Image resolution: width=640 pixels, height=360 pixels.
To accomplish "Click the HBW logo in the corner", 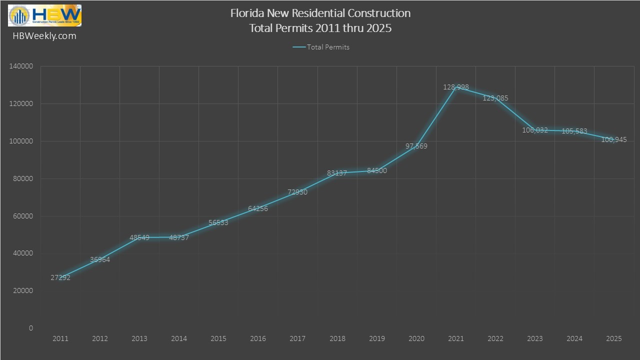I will tap(44, 15).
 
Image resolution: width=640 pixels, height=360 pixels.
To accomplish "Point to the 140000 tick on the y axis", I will tap(21, 66).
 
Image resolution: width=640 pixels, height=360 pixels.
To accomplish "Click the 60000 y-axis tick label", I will tap(23, 216).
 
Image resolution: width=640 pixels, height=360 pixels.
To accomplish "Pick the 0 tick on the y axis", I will tap(31, 328).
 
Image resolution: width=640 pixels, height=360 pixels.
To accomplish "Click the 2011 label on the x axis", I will tap(60, 339).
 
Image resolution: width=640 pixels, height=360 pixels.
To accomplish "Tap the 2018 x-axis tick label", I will tap(337, 339).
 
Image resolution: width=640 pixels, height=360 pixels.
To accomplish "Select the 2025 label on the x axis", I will tap(614, 339).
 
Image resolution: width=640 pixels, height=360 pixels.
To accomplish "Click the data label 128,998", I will tap(456, 87).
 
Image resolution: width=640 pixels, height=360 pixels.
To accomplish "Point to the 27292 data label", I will tap(60, 277).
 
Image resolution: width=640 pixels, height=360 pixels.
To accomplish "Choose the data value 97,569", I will tap(416, 146).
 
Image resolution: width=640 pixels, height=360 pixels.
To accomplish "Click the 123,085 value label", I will tap(495, 98).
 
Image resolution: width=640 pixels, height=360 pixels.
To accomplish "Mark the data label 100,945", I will tap(614, 140).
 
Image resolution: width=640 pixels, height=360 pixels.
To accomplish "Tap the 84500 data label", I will tap(377, 170).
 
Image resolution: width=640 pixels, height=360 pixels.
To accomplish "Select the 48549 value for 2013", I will tap(139, 238).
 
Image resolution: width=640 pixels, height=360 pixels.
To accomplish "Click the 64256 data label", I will tap(258, 208).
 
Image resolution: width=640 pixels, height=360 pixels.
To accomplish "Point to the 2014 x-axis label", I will tap(179, 339).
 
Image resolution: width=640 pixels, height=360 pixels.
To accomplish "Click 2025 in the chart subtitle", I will tap(379, 28).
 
